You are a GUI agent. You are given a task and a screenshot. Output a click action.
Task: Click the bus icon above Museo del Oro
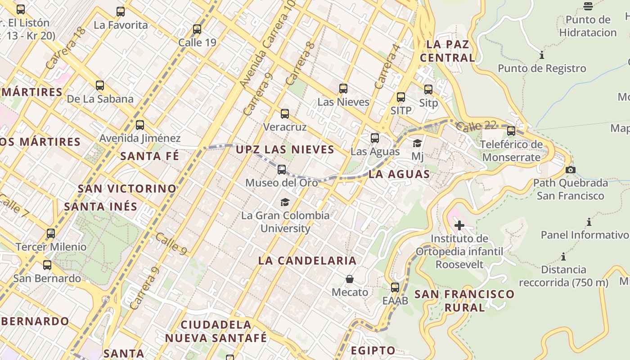click(282, 170)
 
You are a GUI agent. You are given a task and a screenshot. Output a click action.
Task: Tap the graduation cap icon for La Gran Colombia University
click(285, 202)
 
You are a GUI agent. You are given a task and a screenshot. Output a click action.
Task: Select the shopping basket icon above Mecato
click(350, 279)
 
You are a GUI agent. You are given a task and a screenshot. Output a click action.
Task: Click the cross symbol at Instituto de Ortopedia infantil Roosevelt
click(459, 225)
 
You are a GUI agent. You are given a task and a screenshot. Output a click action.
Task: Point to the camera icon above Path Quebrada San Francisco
click(571, 170)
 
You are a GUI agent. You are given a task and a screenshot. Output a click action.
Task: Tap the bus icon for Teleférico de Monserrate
click(511, 131)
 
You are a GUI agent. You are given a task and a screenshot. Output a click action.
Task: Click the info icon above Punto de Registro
click(542, 55)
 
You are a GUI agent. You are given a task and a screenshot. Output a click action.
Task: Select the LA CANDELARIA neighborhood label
click(307, 261)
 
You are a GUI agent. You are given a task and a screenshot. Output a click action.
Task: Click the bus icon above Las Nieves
click(343, 89)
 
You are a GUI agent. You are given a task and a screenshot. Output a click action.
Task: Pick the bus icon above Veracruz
click(285, 114)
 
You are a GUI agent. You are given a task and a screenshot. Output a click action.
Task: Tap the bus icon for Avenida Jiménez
click(140, 125)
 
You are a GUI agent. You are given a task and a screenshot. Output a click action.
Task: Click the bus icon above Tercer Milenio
click(51, 234)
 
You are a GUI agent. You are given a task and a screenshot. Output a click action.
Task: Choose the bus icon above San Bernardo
click(47, 265)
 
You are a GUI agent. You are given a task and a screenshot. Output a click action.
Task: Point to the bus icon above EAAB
click(395, 287)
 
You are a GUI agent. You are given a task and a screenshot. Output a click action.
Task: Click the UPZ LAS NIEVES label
click(285, 149)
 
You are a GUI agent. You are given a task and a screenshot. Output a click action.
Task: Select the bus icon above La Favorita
click(121, 12)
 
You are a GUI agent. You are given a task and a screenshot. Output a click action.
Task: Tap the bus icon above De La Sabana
click(100, 85)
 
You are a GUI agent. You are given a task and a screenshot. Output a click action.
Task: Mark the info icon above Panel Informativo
click(589, 222)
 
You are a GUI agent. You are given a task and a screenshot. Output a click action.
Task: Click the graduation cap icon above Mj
click(418, 143)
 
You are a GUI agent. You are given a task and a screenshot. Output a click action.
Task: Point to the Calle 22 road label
click(476, 126)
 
